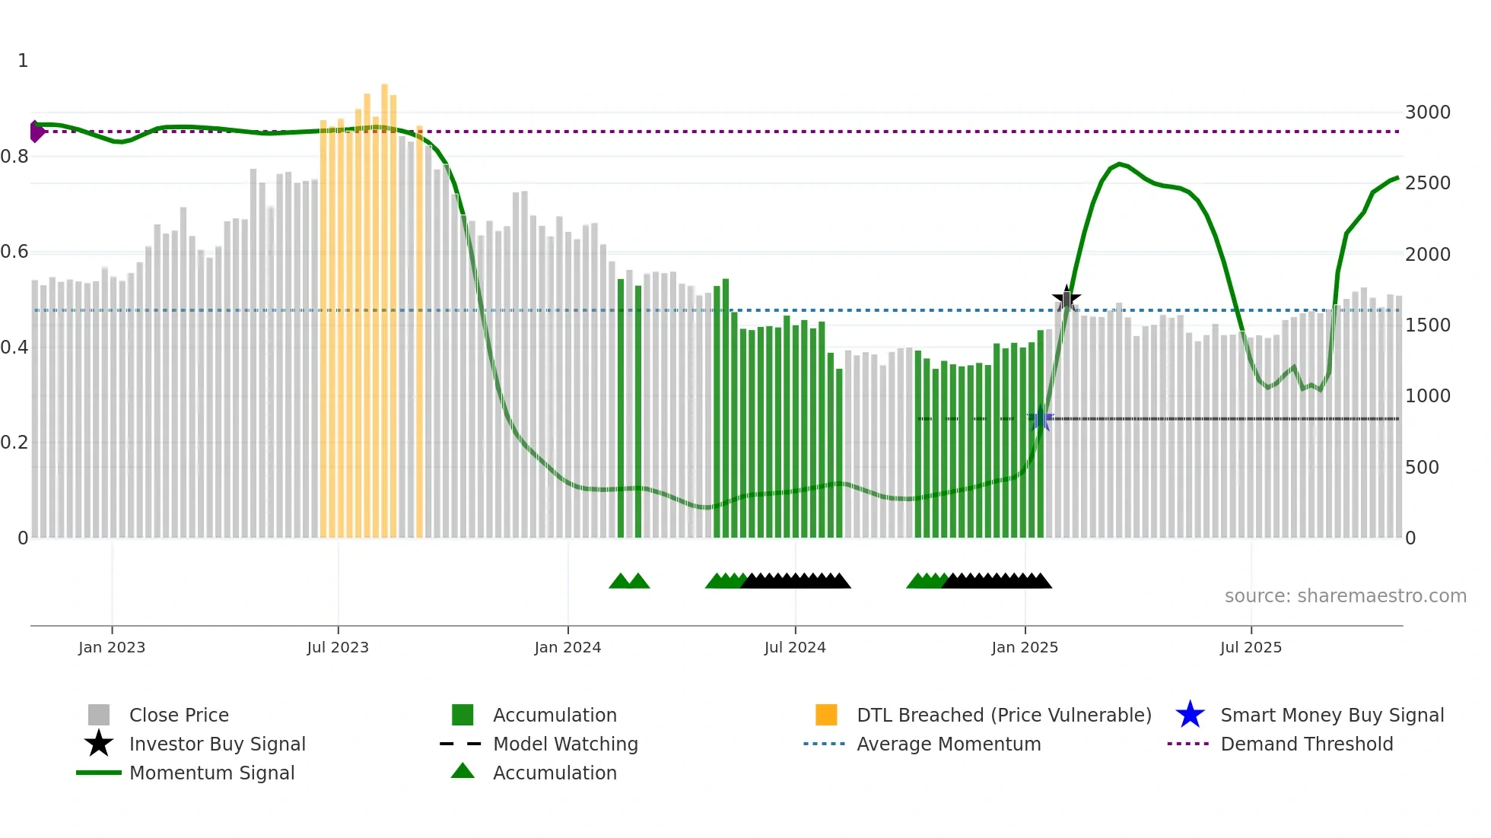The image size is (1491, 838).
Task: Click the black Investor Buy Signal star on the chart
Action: click(1067, 298)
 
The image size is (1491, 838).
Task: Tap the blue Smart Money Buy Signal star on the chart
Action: click(1041, 418)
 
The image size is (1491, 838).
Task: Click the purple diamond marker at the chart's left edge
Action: click(36, 132)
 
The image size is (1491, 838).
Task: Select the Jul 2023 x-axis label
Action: click(338, 647)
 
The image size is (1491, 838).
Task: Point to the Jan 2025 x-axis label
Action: click(1025, 647)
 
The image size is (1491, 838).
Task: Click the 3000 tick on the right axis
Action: click(1427, 113)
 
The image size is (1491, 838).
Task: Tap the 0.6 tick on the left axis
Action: click(15, 252)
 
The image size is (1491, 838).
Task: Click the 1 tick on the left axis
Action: click(23, 61)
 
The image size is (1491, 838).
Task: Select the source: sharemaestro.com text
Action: click(1345, 596)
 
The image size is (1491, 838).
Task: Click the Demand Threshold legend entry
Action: click(1306, 744)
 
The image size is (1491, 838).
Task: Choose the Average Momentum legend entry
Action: click(948, 744)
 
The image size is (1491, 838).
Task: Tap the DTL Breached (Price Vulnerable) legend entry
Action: click(1003, 715)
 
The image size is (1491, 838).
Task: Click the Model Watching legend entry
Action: click(564, 744)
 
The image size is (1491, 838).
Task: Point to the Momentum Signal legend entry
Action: click(211, 773)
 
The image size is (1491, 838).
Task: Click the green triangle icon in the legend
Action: click(463, 772)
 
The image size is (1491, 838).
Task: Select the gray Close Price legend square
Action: click(99, 715)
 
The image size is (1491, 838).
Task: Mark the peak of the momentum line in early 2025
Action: click(1118, 164)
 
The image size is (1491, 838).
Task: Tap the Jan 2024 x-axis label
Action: click(567, 647)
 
